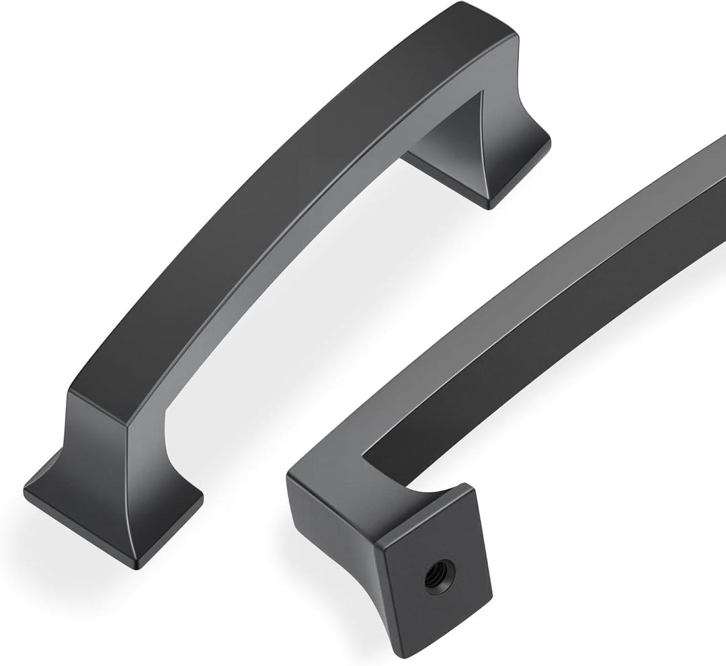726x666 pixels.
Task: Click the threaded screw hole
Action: pyautogui.click(x=440, y=576)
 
